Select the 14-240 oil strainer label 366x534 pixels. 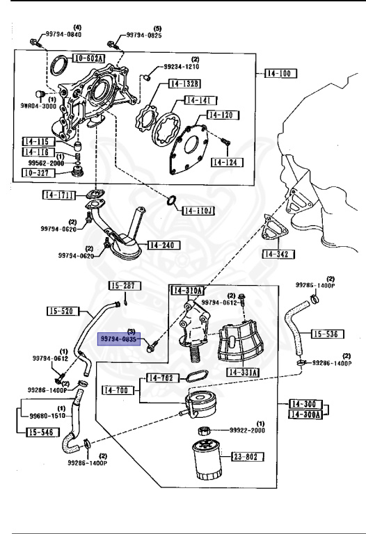point(165,245)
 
